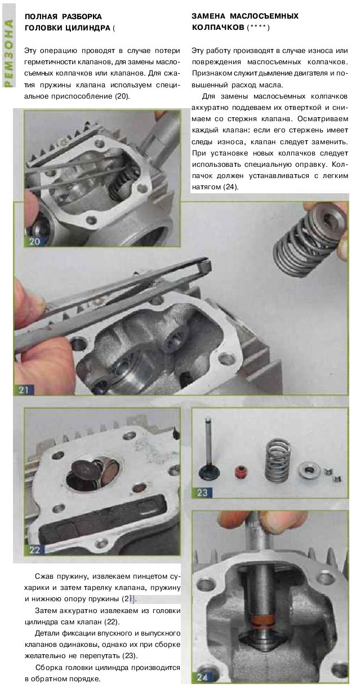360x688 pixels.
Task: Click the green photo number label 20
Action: [34, 241]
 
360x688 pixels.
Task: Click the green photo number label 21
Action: [23, 390]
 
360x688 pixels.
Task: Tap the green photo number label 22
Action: [34, 549]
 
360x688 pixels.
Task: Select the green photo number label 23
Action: [202, 492]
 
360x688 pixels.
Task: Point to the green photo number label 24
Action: [202, 677]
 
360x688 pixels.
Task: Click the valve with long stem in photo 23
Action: [208, 446]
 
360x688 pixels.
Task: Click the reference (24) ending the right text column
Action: [230, 187]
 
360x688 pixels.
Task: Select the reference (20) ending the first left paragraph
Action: [122, 96]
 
